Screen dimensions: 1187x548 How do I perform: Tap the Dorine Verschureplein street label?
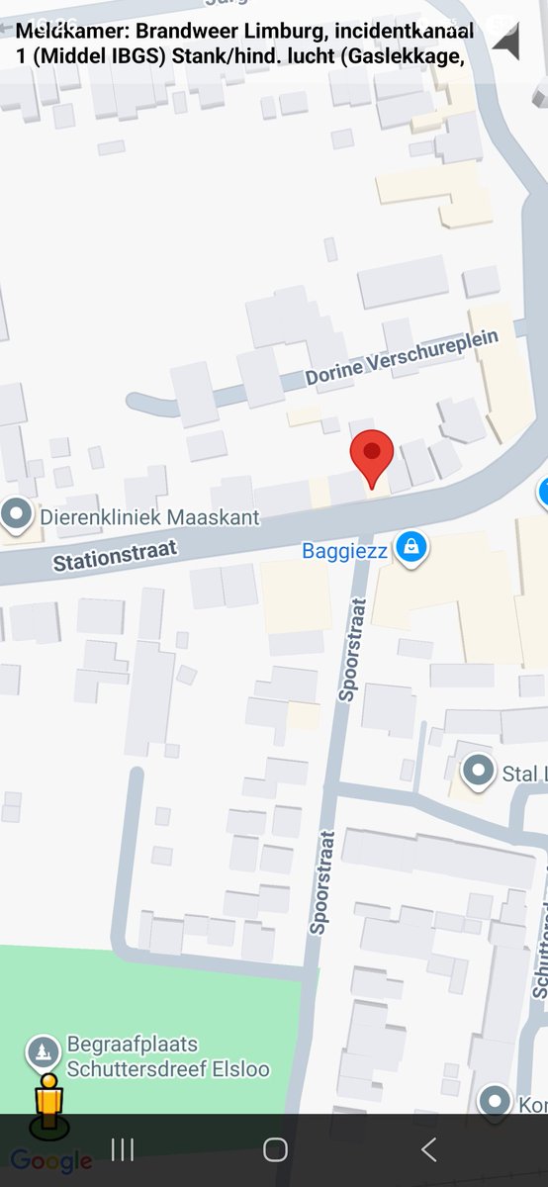pos(401,358)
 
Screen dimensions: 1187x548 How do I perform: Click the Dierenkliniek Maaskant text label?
pos(149,516)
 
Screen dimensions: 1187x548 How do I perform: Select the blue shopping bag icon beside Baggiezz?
pos(411,546)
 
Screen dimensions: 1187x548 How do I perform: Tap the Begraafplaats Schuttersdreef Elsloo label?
pos(167,1056)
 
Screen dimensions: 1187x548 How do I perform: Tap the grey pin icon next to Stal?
pos(479,771)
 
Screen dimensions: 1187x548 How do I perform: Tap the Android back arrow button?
pos(428,1148)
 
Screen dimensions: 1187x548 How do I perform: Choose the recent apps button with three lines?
pos(123,1148)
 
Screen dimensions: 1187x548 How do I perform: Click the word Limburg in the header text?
pos(283,32)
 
